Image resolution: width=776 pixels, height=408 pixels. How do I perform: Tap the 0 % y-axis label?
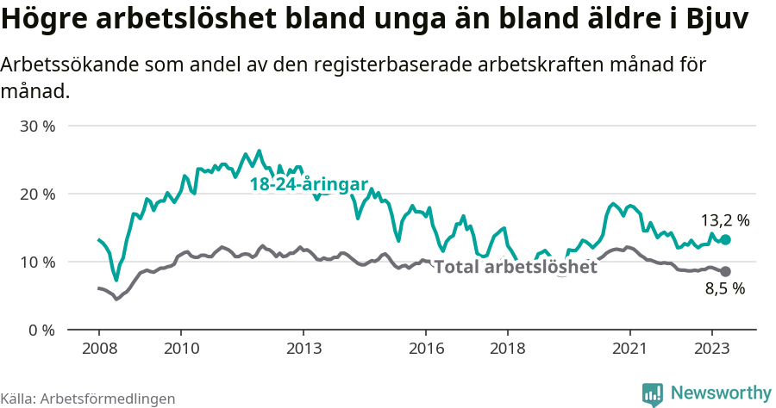[41, 330]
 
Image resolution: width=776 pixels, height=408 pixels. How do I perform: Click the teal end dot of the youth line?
[725, 240]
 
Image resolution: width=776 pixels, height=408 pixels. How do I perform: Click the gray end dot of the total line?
[725, 271]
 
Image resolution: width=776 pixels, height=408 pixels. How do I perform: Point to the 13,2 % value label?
[724, 220]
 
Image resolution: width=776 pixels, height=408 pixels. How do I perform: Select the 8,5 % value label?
[724, 289]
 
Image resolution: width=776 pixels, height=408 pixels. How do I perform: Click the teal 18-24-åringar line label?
[309, 184]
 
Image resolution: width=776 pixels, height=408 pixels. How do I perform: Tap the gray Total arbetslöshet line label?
[515, 267]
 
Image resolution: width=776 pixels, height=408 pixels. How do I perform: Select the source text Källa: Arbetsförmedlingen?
[88, 399]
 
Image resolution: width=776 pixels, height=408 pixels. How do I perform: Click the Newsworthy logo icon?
[653, 393]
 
